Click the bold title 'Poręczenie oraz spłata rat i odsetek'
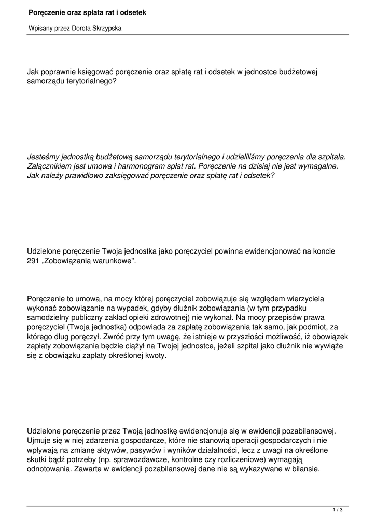[87, 11]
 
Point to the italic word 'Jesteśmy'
[43, 156]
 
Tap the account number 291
[33, 261]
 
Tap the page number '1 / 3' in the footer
[338, 510]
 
